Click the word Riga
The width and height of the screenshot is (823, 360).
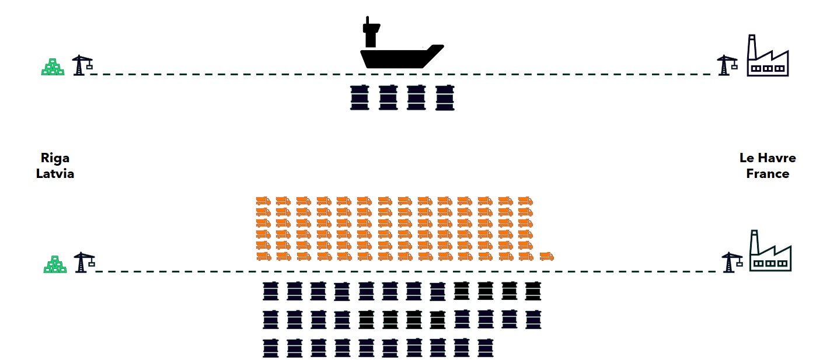pos(55,158)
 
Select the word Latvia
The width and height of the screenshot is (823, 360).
pos(55,174)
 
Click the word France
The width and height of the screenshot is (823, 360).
pos(768,174)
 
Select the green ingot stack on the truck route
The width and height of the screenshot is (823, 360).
pos(55,265)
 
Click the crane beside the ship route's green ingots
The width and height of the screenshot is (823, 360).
pos(81,65)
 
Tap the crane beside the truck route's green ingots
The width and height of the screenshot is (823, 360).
pos(83,263)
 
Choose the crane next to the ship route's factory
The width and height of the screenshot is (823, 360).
pos(727,65)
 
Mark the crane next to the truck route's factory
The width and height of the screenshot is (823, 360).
pos(731,263)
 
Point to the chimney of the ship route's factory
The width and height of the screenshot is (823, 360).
pos(752,46)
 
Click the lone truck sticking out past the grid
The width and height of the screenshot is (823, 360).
pos(546,256)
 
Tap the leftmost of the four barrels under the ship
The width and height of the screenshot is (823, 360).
pos(358,97)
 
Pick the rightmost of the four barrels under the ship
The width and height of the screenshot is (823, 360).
pos(445,97)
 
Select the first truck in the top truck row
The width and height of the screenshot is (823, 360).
pos(263,201)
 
